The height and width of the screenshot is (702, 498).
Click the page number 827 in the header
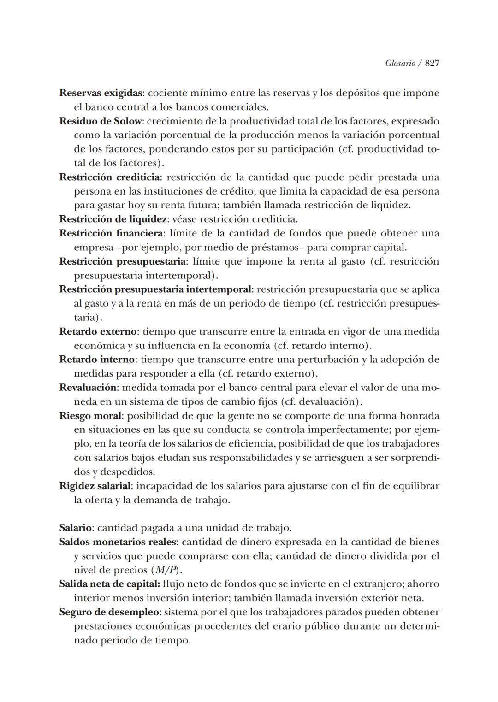[432, 64]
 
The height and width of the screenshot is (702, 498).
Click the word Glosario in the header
[400, 64]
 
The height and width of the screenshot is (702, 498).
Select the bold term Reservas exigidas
[101, 93]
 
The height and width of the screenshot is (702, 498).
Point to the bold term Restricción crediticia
[110, 177]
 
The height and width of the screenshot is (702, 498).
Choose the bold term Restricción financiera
[111, 233]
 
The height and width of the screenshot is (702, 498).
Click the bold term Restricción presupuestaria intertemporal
[155, 289]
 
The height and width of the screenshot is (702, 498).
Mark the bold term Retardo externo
[98, 331]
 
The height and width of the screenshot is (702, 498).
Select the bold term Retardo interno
[97, 359]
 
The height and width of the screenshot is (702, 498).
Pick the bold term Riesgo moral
[90, 416]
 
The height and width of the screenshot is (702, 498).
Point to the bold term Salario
[76, 528]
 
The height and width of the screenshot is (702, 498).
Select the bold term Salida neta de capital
[109, 584]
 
